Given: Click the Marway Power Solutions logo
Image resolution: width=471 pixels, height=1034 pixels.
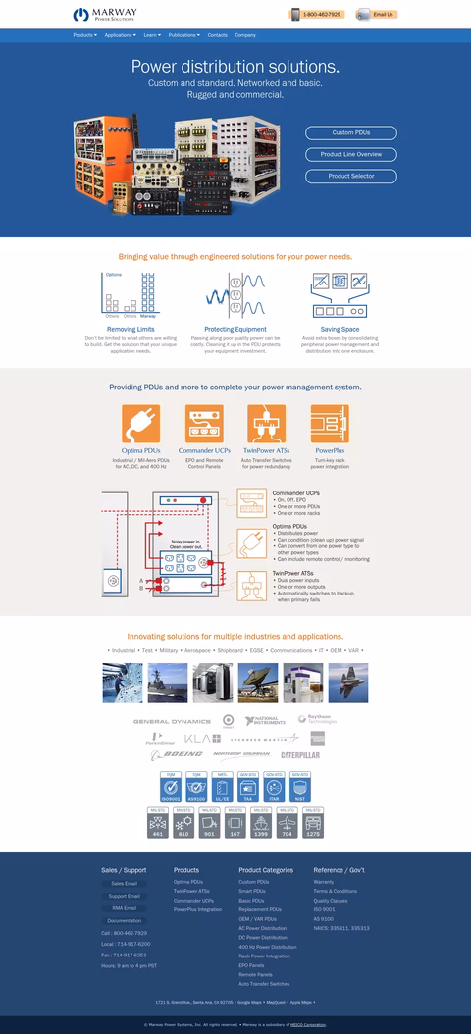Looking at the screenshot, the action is point(105,14).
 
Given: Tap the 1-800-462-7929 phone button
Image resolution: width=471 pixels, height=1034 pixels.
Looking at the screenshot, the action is point(315,15).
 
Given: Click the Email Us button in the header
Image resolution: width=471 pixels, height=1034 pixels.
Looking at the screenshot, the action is point(377,15).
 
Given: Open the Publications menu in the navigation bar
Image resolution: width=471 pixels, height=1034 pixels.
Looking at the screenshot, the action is point(183,35).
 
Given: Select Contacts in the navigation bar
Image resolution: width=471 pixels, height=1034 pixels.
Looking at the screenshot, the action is point(217,35).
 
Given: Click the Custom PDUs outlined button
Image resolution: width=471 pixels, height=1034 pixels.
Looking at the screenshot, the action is point(350,132).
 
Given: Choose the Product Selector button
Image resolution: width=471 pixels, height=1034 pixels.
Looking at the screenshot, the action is point(350,176).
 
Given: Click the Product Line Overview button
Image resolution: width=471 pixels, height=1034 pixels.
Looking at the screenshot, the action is point(350,154).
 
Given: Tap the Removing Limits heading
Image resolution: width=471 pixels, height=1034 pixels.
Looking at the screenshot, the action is point(128,329).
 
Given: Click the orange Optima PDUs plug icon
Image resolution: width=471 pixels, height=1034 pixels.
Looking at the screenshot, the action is point(140,424).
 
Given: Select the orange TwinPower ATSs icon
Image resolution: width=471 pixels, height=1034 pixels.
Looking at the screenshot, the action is point(266,424).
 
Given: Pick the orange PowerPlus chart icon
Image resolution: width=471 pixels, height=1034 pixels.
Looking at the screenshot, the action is point(330,424).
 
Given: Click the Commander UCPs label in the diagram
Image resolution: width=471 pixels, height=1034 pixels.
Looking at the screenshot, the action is point(295,492).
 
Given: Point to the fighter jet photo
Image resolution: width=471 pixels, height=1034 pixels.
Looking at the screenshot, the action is point(348,683).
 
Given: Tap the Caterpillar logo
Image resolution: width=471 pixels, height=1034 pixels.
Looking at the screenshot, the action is point(301,754).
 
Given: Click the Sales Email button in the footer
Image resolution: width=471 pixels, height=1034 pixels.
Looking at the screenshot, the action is point(124,883).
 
